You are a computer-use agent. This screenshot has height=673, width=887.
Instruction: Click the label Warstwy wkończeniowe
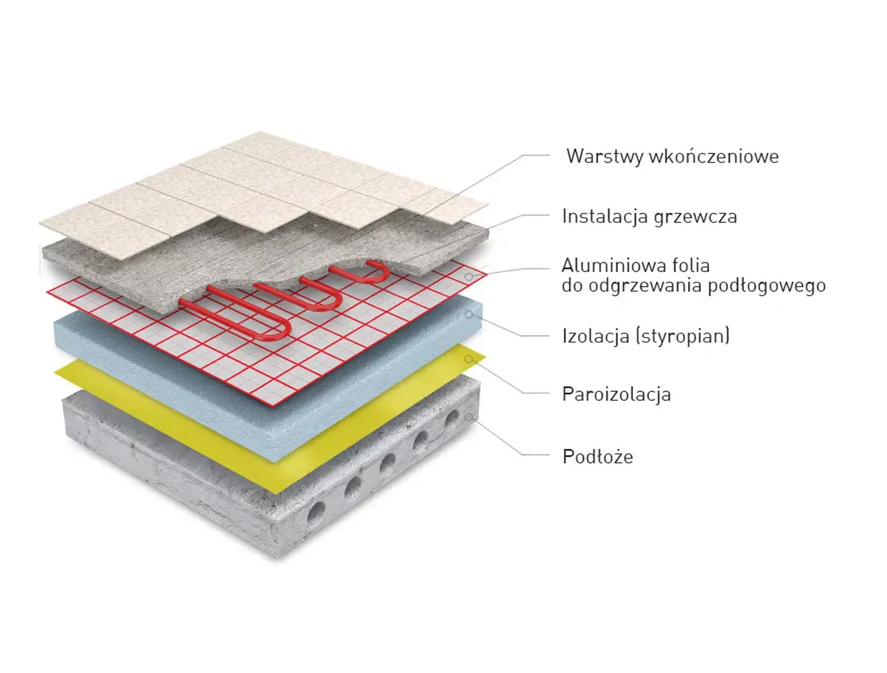(672, 157)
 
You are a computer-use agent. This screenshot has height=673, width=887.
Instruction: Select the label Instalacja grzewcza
(650, 216)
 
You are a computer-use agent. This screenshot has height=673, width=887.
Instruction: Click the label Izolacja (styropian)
(646, 336)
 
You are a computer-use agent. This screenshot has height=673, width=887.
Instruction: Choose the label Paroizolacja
(616, 394)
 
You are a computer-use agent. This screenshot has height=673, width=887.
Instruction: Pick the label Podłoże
(598, 457)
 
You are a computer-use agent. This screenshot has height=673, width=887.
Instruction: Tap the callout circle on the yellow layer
(469, 359)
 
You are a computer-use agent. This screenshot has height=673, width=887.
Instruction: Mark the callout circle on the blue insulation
(469, 314)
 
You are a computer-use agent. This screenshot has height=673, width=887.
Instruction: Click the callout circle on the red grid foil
(469, 277)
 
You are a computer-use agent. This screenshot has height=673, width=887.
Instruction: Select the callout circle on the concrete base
(469, 416)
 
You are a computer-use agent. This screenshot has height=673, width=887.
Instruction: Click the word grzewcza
(695, 217)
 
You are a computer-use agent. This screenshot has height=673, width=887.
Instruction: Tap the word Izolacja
(596, 336)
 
